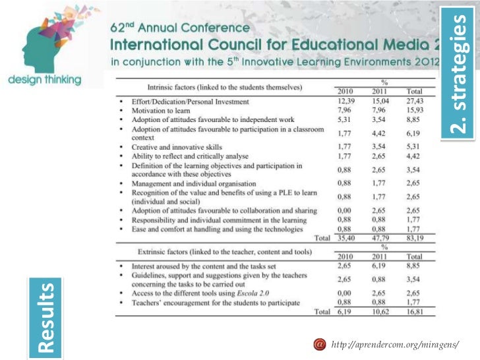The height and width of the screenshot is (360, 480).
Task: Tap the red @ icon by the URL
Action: point(320,344)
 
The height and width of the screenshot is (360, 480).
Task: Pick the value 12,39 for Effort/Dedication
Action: point(347,102)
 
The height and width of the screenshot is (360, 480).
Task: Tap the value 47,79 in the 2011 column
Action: point(380,237)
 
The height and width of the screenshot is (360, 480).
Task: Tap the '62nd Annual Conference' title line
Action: point(179,30)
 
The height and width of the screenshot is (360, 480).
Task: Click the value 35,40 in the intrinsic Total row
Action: point(347,237)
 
